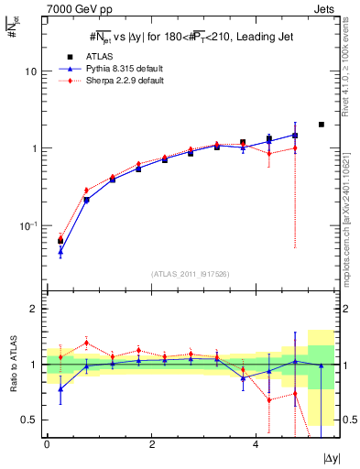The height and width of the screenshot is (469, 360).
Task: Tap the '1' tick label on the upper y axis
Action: click(35, 148)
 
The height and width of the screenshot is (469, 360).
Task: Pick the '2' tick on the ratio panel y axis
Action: click(34, 309)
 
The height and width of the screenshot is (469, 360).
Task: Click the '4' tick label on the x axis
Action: click(256, 443)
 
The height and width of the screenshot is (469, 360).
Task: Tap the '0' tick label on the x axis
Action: click(47, 443)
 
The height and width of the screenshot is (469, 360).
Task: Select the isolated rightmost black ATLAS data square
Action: click(321, 125)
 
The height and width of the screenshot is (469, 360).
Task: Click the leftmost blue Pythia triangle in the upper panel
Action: click(60, 251)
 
